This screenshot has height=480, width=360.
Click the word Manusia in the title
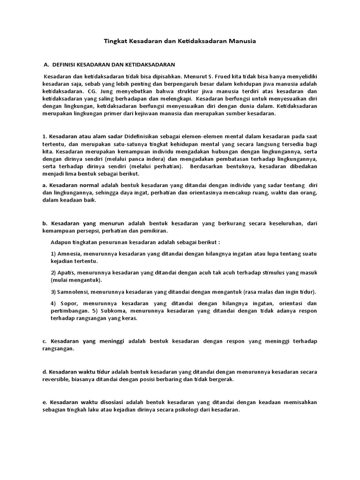click(x=242, y=42)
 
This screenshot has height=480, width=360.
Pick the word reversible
click(x=56, y=380)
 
